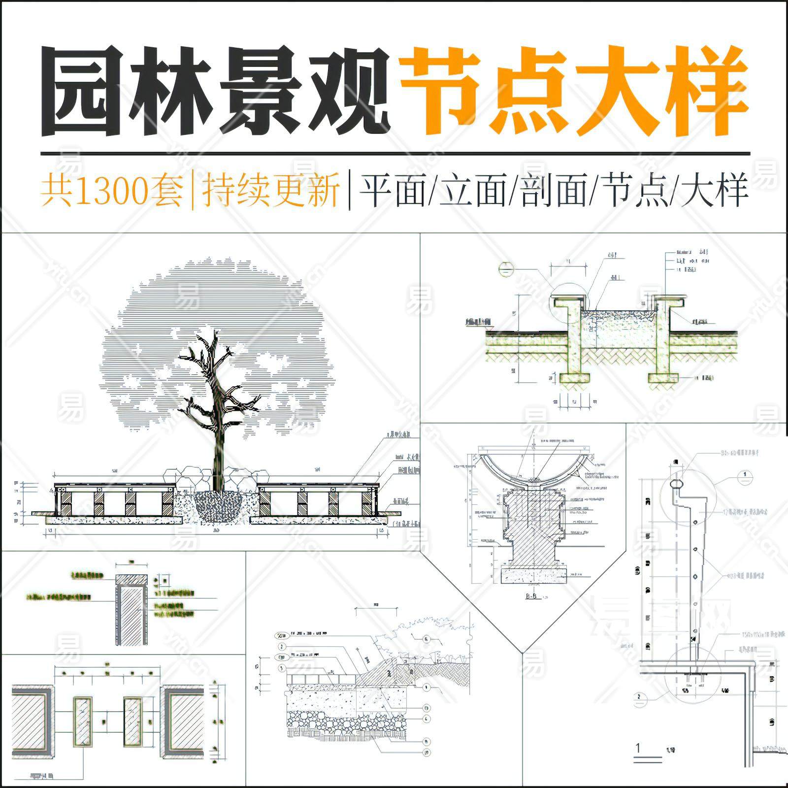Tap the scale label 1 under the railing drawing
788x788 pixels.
tap(638, 748)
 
